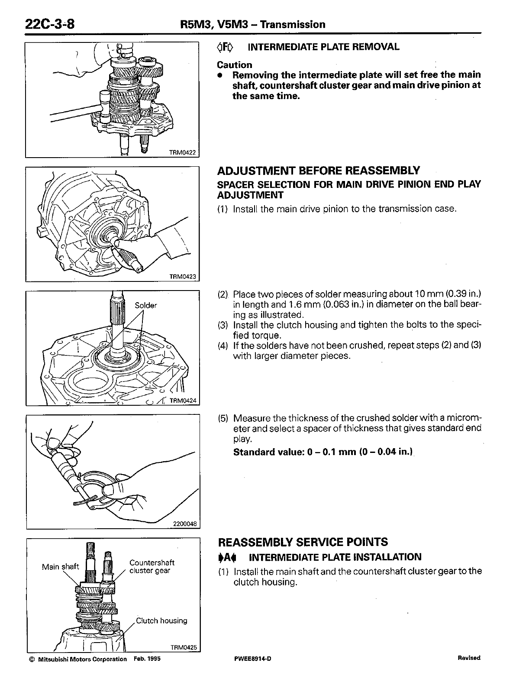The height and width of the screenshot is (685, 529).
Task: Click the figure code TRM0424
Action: tap(183, 401)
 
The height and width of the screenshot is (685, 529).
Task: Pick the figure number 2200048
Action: tap(185, 524)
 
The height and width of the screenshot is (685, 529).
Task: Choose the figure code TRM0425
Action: tap(184, 648)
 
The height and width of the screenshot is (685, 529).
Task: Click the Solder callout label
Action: tap(145, 305)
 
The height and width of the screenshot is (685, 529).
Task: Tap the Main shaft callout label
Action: tap(61, 566)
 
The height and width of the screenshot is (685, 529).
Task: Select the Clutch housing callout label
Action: tap(161, 620)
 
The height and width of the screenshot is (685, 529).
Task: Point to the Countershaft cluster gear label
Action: tap(152, 566)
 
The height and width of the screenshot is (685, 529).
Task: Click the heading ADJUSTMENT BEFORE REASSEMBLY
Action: tap(318, 170)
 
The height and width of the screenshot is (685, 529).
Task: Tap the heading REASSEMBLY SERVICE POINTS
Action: tap(303, 542)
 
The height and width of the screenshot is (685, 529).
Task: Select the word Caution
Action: tap(234, 65)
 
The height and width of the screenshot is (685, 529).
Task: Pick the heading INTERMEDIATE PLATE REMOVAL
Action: tap(323, 47)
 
